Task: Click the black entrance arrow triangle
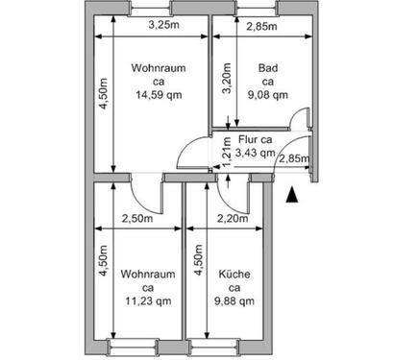pyautogui.click(x=292, y=197)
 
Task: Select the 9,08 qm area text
pyautogui.click(x=268, y=95)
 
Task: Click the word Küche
pyautogui.click(x=234, y=274)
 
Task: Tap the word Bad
pyautogui.click(x=268, y=68)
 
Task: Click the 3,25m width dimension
pyautogui.click(x=162, y=25)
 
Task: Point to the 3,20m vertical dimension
pyautogui.click(x=227, y=76)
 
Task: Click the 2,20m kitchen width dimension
pyautogui.click(x=234, y=218)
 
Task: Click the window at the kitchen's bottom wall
pyautogui.click(x=227, y=344)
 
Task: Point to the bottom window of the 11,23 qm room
pyautogui.click(x=137, y=344)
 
